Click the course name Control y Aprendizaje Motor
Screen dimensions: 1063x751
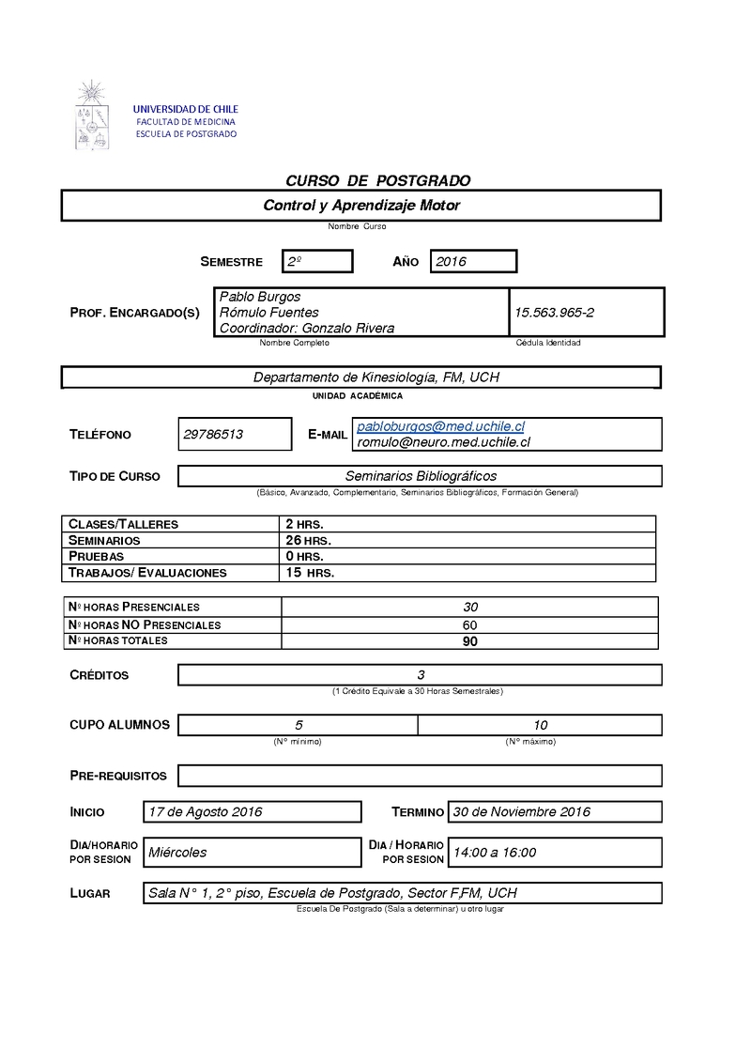coord(361,205)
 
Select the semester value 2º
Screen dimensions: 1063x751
coord(295,262)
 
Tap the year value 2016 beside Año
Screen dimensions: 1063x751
coord(452,262)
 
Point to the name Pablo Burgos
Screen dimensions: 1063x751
coord(260,297)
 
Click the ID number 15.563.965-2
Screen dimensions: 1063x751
coord(554,312)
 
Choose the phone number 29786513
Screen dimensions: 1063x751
coord(214,434)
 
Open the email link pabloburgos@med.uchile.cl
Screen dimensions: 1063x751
coord(440,426)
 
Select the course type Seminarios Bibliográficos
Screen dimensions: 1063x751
coord(421,476)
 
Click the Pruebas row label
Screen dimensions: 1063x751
coord(97,556)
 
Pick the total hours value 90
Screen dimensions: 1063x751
coord(470,641)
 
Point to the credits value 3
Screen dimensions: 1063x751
coord(421,675)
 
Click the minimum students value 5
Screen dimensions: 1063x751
coord(299,725)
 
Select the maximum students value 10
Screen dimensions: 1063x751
coord(540,725)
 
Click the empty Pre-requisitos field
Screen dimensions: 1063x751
coord(420,776)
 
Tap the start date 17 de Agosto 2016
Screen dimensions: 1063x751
coord(206,811)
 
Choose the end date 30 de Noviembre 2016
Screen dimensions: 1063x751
coord(522,811)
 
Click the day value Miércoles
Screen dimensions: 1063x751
coord(177,852)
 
